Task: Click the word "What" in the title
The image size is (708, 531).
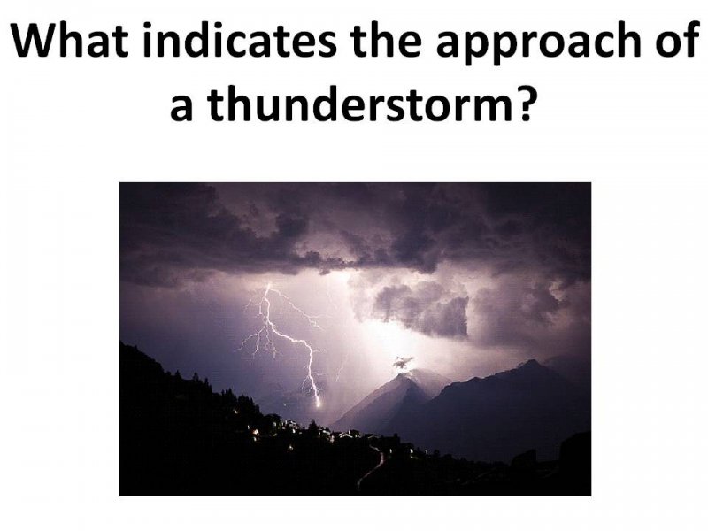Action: click(x=69, y=40)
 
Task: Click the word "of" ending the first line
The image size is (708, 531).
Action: click(x=677, y=39)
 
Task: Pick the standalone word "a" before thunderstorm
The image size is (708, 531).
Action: click(x=181, y=110)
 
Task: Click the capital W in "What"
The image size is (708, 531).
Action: click(x=33, y=40)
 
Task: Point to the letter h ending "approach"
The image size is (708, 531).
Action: click(x=628, y=39)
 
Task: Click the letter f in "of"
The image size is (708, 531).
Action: click(x=691, y=39)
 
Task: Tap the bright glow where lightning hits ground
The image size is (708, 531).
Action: click(x=318, y=402)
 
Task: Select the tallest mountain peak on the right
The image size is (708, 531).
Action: click(x=531, y=363)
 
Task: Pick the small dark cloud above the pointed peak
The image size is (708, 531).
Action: click(x=403, y=362)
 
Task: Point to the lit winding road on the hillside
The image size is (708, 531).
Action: click(x=373, y=467)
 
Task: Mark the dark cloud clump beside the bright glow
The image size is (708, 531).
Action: click(x=422, y=308)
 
